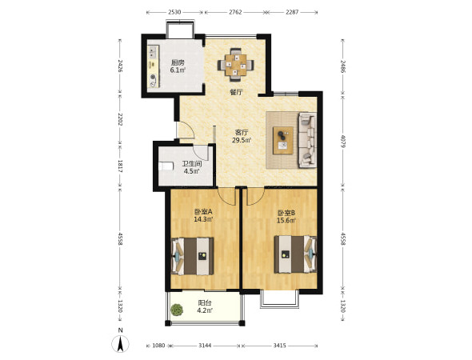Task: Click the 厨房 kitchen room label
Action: point(178,62)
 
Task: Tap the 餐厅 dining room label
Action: point(236,92)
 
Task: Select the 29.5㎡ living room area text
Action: point(242,140)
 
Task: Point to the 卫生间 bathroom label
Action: point(192,164)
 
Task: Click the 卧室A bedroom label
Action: point(203,212)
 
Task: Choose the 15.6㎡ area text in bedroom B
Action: point(286,221)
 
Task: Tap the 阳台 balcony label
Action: point(204,303)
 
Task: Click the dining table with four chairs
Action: point(236,65)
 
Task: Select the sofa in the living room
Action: point(307,140)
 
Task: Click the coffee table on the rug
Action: point(283,141)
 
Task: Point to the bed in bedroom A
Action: point(193,256)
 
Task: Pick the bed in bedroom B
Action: point(295,254)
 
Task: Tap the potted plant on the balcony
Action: point(177,310)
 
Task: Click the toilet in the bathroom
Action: point(166,166)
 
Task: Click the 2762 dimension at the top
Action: point(235,12)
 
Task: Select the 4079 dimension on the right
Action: point(343,141)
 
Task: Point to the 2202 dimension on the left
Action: point(120,119)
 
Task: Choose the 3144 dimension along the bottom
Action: point(205,346)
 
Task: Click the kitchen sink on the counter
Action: point(153,52)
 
